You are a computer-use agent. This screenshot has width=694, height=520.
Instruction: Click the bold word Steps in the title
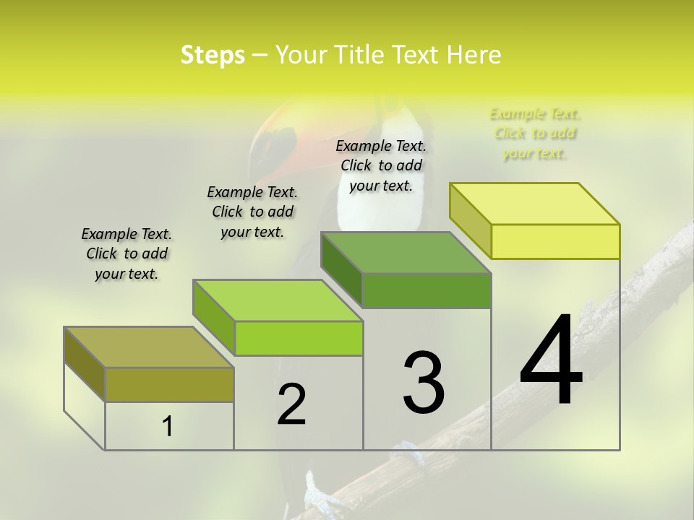point(213,55)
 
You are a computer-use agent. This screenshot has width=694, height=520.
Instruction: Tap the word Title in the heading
point(359,55)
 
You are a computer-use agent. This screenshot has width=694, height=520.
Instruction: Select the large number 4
point(551,361)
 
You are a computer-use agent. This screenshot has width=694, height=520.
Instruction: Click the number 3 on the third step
point(424,383)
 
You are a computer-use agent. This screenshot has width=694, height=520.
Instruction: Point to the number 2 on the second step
point(291,404)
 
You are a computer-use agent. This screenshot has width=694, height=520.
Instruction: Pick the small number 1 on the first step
point(168,427)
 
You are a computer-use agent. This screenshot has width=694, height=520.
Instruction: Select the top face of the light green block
point(278,300)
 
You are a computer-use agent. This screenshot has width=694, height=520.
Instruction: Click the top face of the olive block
point(149,347)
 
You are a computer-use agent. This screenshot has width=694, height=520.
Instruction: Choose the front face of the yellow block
point(555,241)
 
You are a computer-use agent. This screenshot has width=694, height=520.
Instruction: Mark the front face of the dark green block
point(427,290)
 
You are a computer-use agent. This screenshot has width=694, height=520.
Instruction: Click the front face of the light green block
point(299,338)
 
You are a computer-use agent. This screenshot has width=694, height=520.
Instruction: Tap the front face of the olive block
point(169,384)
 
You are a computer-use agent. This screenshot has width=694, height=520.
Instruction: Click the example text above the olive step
point(127,253)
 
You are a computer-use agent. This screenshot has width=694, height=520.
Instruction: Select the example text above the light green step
point(252,212)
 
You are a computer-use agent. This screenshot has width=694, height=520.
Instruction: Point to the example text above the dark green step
point(381,165)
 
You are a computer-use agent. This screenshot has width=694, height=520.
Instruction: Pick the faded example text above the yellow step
point(535,134)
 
